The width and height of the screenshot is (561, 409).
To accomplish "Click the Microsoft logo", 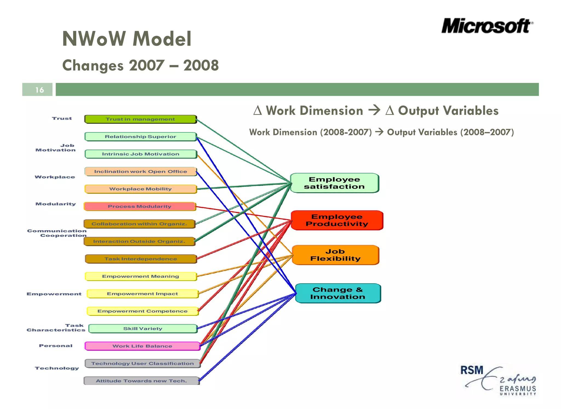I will pos(487,26).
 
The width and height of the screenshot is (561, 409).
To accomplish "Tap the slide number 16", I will pos(39,90).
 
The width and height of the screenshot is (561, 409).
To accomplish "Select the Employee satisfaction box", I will pos(334,183).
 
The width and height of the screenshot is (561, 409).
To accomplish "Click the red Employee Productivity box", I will pos(337,220).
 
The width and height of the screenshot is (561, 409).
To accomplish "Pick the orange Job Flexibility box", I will pos(336,255).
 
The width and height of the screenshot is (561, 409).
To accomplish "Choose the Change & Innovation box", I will pos(338,293).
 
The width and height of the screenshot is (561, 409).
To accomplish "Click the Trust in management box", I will pos(140,119).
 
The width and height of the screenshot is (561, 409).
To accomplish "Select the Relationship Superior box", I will pos(141,137).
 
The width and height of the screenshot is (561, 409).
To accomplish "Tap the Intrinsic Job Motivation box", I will pos(141,154).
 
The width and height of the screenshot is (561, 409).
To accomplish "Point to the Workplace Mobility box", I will pos(141,189).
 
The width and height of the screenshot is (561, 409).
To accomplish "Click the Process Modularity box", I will pos(139,206).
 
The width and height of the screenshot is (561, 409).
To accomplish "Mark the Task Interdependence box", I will pos(141,259).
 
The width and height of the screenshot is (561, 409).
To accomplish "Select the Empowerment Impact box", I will pos(142,294).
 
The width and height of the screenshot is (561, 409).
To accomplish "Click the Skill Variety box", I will pos(143,328).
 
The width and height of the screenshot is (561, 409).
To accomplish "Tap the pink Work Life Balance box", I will pos(142,346).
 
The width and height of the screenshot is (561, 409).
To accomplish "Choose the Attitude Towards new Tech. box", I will pos(141,381).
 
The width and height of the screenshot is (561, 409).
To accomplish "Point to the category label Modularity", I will pos(56,204).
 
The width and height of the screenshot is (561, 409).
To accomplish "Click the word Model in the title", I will pos(162,39).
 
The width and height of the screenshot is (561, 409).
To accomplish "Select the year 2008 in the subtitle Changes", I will pos(201,66).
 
